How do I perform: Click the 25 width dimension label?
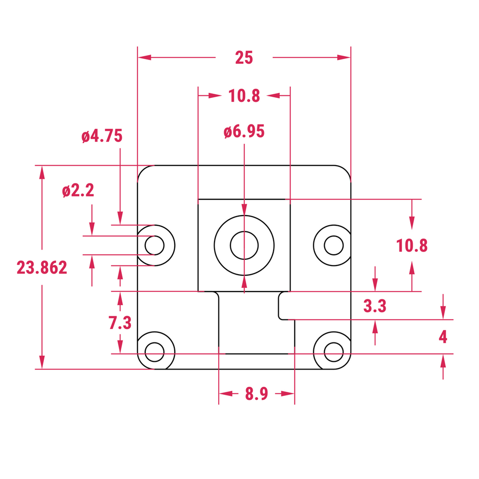[x=244, y=58]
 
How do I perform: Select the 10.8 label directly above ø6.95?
[x=244, y=96]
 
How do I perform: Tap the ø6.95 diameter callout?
[x=244, y=132]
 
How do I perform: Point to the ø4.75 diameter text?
[x=102, y=136]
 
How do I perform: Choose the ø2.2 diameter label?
[x=78, y=191]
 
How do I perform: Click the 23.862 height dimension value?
[x=42, y=268]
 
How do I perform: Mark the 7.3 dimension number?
[x=120, y=323]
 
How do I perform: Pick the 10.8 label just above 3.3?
[x=412, y=246]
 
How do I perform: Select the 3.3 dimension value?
[x=375, y=306]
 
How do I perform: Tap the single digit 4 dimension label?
[x=443, y=337]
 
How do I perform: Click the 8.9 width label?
[x=256, y=394]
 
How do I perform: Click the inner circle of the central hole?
[x=244, y=245]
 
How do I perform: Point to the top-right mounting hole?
[x=333, y=245]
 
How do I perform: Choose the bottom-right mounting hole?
[x=333, y=351]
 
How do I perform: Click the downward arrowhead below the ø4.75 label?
[x=120, y=218]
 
